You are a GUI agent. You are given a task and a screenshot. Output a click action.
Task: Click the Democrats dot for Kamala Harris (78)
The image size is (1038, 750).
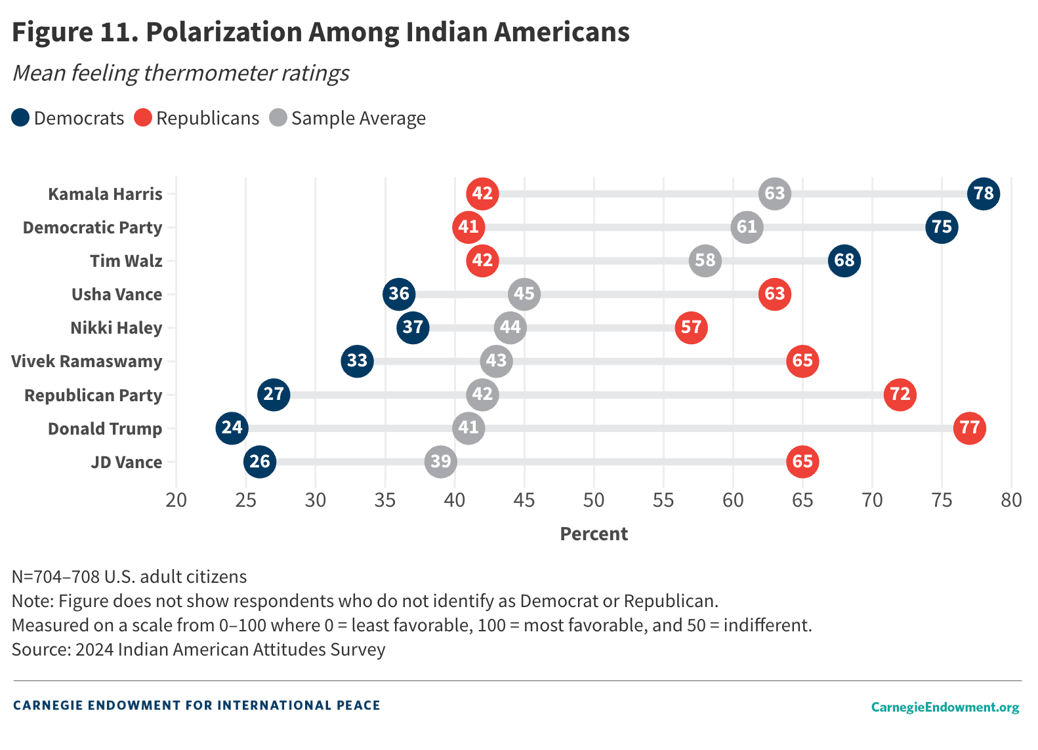983,193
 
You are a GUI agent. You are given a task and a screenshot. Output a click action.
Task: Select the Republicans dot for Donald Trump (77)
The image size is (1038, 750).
969,428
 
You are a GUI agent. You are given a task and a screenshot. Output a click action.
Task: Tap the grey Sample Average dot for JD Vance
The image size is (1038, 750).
440,462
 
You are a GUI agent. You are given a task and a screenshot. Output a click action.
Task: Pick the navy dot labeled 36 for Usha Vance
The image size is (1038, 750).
399,294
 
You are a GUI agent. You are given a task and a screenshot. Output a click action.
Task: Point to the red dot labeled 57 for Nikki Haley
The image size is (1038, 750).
691,327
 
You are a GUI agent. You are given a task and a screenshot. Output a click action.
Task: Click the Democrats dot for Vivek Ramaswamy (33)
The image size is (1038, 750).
357,361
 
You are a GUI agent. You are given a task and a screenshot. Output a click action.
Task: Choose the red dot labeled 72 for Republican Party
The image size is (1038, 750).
900,394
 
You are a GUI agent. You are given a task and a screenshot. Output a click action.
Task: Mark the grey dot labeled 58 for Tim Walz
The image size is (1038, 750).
705,260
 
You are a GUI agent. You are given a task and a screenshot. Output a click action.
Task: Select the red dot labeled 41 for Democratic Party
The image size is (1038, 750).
468,227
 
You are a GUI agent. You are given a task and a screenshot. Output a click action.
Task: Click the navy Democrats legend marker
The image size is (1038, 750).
20,118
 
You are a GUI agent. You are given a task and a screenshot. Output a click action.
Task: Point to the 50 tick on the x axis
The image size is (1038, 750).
594,500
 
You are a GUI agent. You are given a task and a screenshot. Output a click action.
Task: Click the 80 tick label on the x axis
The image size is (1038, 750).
1011,500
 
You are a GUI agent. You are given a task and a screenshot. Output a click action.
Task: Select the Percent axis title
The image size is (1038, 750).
594,534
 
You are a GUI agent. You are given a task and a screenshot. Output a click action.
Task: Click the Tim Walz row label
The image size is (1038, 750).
126,261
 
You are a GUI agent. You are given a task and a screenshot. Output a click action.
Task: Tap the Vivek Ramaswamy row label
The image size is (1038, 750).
87,361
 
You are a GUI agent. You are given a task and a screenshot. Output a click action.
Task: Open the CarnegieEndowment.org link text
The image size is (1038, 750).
945,707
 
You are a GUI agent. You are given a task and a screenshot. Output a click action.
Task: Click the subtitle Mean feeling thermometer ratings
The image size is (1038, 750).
181,73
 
